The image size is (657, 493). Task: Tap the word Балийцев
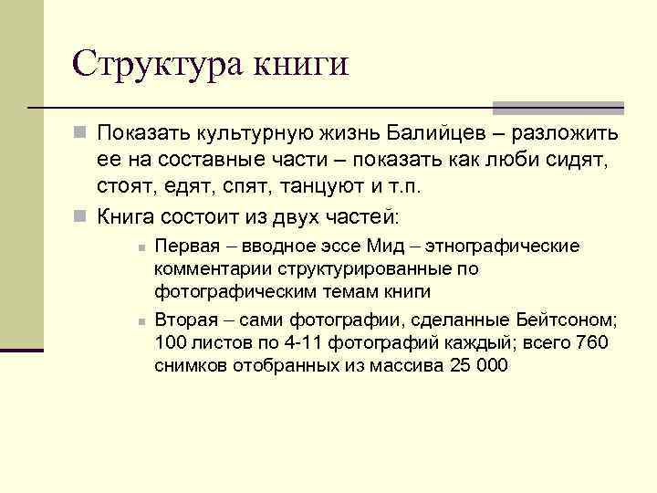point(423,134)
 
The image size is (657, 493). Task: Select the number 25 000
point(480,366)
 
